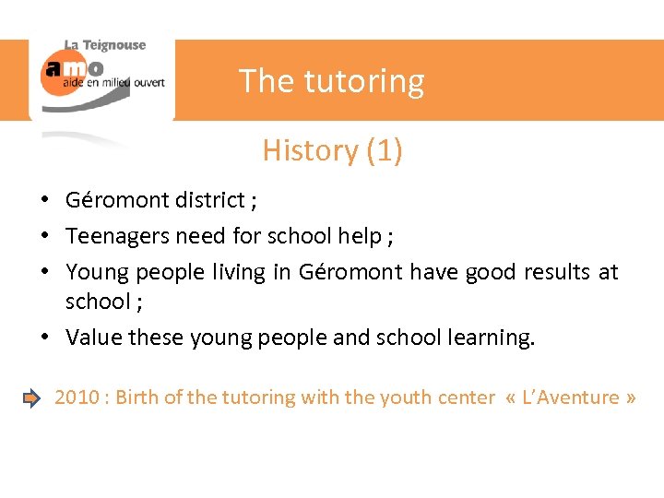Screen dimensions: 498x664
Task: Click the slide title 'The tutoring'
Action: [331, 81]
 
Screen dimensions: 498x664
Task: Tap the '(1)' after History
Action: [384, 149]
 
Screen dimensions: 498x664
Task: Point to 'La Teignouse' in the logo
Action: [104, 45]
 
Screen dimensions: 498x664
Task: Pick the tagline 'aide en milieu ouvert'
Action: [113, 82]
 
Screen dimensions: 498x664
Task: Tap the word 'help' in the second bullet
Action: [359, 236]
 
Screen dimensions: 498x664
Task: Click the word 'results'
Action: [558, 272]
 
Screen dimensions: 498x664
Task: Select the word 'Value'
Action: [94, 338]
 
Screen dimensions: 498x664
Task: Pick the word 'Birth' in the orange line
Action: [138, 397]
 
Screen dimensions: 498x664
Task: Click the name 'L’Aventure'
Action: [572, 397]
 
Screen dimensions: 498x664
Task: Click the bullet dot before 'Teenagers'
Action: [44, 237]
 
